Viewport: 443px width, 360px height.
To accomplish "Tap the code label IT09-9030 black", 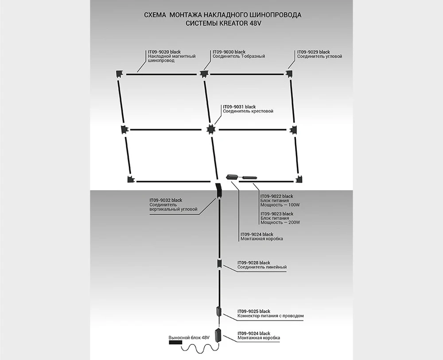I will tap(229, 52).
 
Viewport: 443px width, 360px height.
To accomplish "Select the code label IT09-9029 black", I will tap(313, 52).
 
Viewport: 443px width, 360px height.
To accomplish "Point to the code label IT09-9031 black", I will tap(239, 107).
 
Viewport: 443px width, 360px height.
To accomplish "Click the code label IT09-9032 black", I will tap(166, 201).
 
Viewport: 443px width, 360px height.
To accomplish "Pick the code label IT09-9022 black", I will tap(277, 196).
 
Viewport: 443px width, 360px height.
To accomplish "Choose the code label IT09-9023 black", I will tap(277, 214).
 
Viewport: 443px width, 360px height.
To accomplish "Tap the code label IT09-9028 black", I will tap(254, 263).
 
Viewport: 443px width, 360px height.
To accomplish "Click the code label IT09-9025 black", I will tap(254, 311).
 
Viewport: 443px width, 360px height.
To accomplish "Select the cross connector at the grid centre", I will tap(211, 129).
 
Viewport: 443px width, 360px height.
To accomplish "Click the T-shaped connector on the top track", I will tap(204, 74).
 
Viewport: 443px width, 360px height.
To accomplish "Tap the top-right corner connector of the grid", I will tap(290, 73).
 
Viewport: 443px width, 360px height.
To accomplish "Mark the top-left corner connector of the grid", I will tap(119, 73).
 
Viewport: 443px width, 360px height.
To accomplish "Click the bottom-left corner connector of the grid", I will tap(131, 180).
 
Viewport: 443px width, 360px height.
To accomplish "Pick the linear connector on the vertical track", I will tap(219, 264).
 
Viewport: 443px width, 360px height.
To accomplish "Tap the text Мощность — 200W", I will tap(280, 222).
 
